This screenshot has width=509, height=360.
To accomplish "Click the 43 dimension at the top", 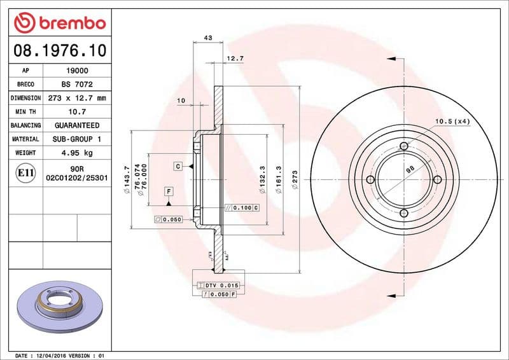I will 207,38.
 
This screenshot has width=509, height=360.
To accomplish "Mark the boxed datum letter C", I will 179,167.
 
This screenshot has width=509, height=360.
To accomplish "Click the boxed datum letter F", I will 169,191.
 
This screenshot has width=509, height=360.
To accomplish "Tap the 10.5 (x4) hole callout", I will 452,121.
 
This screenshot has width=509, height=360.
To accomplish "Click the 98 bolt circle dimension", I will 410,169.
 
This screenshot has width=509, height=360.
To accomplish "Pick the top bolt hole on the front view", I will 403,148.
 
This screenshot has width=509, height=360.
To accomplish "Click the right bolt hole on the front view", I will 436,180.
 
